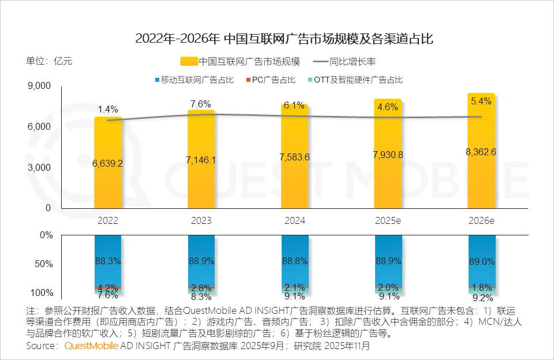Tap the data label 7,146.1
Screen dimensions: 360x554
pos(201,160)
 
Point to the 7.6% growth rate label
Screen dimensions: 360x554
pos(201,104)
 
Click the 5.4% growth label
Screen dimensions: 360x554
pos(481,101)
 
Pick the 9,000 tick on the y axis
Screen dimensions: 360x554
pos(39,86)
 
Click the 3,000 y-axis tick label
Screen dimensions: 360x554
pos(39,167)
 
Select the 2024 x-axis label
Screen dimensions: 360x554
pos(294,220)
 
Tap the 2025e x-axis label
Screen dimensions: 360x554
pos(388,220)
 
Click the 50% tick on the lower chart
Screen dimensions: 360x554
pos(44,264)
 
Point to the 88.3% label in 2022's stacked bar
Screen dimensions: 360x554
pos(108,261)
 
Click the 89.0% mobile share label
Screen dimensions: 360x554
pos(481,261)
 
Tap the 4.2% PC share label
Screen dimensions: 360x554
pos(108,287)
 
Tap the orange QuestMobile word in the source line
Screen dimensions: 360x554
pos(91,346)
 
